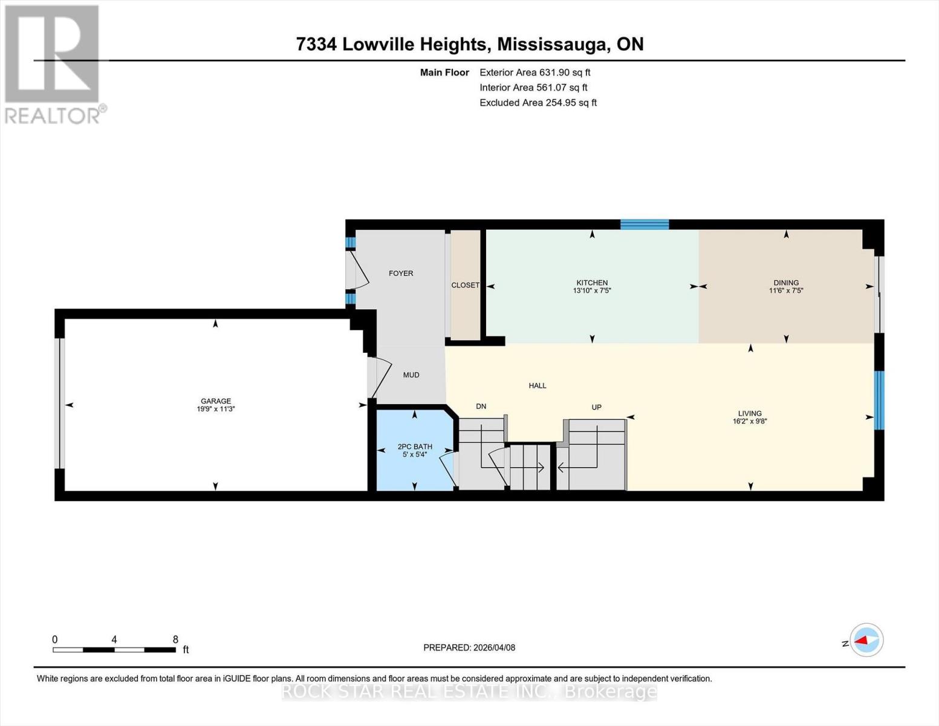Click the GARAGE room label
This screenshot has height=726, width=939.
[216, 401]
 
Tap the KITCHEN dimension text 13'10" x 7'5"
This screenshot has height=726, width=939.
[592, 291]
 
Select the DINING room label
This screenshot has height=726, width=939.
[786, 283]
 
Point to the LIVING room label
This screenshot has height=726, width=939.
[750, 413]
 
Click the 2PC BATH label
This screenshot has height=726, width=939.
[415, 446]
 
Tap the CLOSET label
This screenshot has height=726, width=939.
[466, 286]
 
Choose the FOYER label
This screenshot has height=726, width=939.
[401, 273]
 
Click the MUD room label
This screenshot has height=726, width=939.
[411, 375]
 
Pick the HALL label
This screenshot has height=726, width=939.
[538, 386]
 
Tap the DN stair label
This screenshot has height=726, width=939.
[481, 407]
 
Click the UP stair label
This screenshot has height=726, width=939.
[596, 407]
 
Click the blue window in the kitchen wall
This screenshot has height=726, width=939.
[645, 224]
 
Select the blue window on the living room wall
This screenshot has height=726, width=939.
[879, 401]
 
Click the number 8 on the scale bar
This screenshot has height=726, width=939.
[175, 639]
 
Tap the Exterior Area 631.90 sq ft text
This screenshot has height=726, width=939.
[535, 73]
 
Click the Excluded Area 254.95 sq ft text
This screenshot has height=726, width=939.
[538, 103]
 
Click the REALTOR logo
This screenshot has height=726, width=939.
[54, 65]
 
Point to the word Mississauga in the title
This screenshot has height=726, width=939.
[554, 45]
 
